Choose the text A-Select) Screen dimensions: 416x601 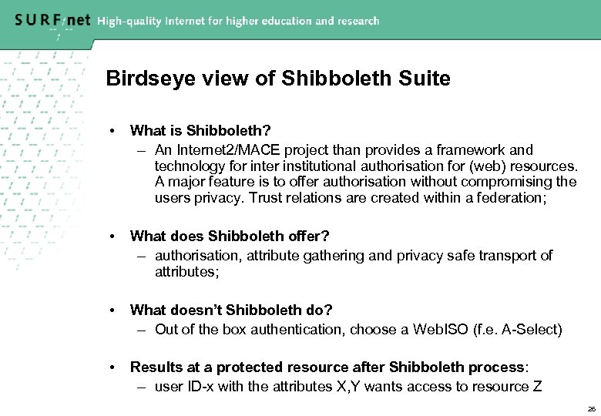tap(532, 330)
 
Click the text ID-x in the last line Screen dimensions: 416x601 tap(201, 386)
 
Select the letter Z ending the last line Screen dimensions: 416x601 tap(537, 386)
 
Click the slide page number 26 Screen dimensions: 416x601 tap(591, 408)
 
